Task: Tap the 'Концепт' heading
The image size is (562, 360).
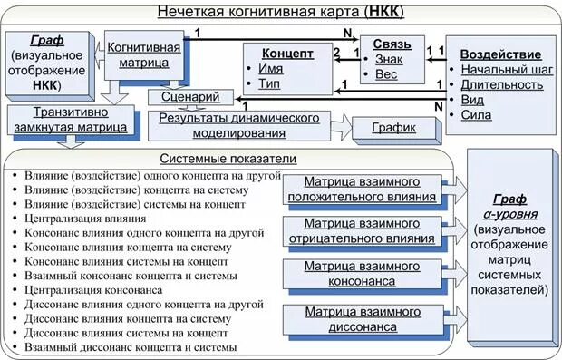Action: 287,54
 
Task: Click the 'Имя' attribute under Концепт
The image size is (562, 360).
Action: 270,69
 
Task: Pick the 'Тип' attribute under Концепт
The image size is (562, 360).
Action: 269,83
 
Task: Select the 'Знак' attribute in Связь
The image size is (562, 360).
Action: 392,59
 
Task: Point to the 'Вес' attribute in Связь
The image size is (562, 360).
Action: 387,73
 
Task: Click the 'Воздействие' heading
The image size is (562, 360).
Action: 500,54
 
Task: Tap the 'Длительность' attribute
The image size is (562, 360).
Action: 501,84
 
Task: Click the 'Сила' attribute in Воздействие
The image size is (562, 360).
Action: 476,115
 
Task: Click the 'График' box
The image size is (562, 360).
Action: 392,128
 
